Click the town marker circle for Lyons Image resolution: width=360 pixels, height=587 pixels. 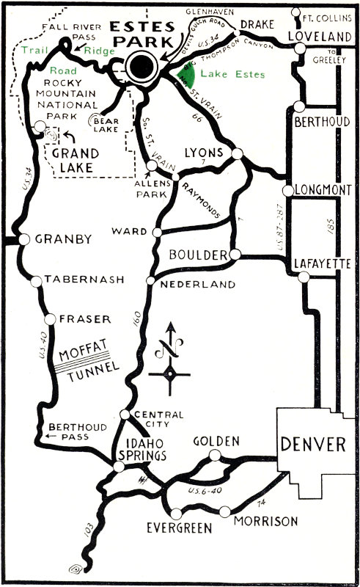pyautogui.click(x=236, y=154)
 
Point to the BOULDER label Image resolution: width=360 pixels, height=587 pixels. pyautogui.click(x=197, y=255)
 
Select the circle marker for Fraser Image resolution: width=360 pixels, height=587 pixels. pyautogui.click(x=50, y=319)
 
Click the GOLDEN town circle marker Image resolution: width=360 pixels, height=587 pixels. pyautogui.click(x=214, y=456)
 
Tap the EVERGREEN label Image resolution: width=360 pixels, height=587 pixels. pyautogui.click(x=178, y=528)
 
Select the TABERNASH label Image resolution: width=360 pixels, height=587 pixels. pyautogui.click(x=79, y=280)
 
